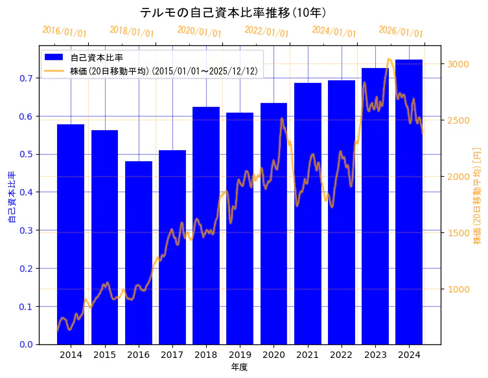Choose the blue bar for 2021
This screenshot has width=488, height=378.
tap(307, 214)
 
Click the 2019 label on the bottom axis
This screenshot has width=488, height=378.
tap(240, 355)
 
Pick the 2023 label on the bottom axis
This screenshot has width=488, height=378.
tap(375, 355)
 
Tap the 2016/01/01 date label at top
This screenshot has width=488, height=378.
tap(64, 32)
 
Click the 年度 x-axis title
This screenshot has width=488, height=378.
tap(239, 367)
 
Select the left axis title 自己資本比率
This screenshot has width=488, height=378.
tap(11, 197)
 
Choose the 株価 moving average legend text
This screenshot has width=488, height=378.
tap(165, 71)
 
